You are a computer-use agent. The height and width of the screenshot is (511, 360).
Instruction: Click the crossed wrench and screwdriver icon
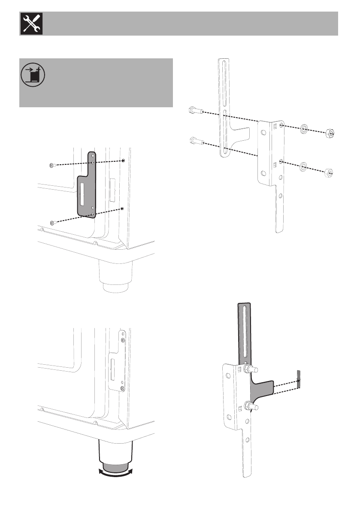(30, 24)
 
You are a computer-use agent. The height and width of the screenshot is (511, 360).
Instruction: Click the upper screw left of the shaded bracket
(52, 166)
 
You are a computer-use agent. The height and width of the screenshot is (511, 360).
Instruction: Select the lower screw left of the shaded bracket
(52, 222)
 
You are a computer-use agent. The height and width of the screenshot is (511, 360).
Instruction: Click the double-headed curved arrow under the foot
(115, 473)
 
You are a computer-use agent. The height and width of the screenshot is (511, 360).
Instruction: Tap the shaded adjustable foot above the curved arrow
(115, 466)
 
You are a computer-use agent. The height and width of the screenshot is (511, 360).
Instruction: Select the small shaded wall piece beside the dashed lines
(299, 377)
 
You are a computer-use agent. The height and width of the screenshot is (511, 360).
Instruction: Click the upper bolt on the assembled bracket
(250, 369)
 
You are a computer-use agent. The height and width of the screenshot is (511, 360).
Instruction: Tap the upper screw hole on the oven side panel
(124, 160)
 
